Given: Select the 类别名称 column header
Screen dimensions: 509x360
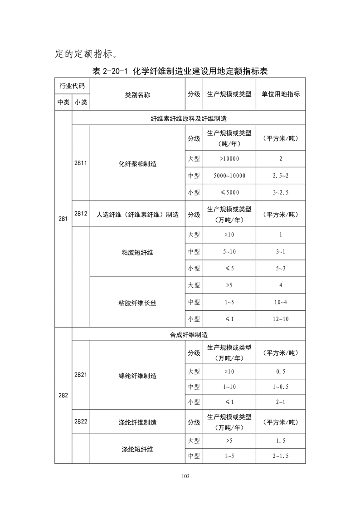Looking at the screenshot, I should tap(137, 94).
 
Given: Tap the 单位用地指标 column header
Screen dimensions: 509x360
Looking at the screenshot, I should tap(281, 94).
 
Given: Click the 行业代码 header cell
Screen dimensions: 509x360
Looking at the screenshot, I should tap(72, 86).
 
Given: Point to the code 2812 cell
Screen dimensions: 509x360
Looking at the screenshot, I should tap(81, 213).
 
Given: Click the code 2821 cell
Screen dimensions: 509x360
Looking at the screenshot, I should tap(81, 375).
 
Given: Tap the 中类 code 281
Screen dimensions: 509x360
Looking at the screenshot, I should tap(63, 219).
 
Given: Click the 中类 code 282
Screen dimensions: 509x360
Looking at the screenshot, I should tap(63, 395).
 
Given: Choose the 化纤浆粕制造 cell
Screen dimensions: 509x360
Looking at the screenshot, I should tap(137, 164).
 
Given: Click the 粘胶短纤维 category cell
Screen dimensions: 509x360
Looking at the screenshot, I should tap(137, 252).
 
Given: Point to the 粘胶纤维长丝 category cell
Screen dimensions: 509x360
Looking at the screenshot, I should tap(137, 302).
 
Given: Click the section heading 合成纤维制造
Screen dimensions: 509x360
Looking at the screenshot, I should tap(188, 334).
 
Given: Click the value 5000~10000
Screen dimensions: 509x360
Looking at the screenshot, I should tap(229, 176).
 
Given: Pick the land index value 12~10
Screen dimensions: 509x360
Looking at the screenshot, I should tap(281, 319).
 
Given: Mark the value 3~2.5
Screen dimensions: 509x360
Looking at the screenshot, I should tap(281, 192).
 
